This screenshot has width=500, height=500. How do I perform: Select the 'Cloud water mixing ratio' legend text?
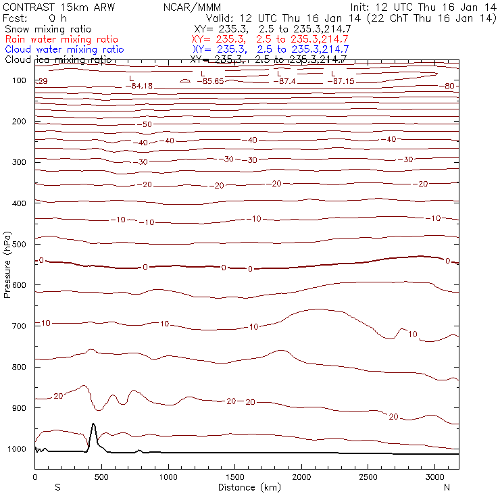[64, 49]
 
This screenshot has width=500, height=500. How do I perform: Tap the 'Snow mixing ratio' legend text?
[45, 30]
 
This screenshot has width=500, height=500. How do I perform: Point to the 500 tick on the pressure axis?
[24, 244]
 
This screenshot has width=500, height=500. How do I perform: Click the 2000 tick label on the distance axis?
[301, 477]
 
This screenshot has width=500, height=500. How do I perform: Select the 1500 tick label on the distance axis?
[234, 477]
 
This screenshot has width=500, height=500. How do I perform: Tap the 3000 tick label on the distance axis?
[434, 477]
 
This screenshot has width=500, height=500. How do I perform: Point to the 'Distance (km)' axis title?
[247, 487]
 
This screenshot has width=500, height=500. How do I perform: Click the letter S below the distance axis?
[57, 487]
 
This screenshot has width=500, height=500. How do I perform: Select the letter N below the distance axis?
[447, 487]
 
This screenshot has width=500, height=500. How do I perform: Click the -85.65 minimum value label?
[210, 81]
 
